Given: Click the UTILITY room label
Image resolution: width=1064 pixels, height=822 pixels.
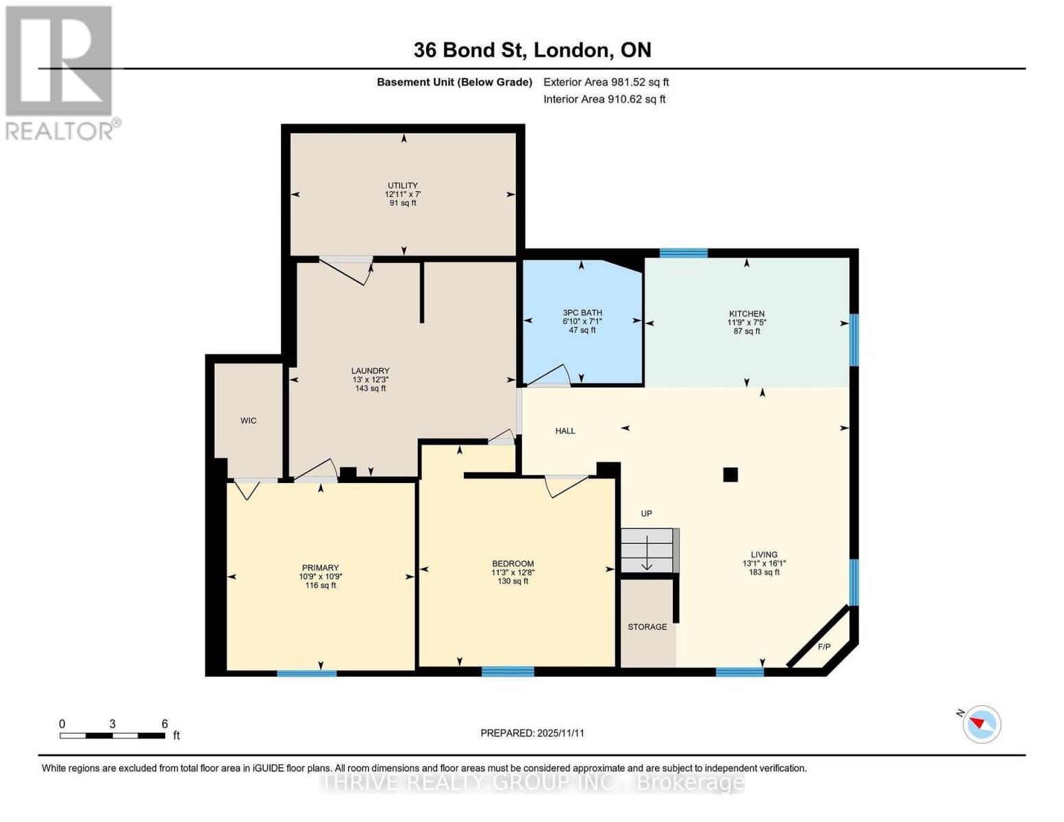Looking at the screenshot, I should (402, 186).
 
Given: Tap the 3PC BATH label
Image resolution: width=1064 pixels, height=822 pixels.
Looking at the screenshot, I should (582, 313).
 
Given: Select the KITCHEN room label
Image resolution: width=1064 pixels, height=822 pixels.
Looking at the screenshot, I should (746, 314).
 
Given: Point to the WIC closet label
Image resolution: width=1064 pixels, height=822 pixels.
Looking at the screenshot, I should (248, 421).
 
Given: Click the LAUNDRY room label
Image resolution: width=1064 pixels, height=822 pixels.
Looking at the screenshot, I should (370, 371).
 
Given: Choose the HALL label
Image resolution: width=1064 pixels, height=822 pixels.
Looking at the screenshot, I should (565, 431).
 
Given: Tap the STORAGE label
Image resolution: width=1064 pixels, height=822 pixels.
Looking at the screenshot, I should (647, 627).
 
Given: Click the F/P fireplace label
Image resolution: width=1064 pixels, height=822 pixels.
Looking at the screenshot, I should (824, 647).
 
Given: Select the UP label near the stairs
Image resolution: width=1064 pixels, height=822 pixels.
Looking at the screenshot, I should (646, 514).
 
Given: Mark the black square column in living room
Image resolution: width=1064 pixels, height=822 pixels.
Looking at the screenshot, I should (730, 474).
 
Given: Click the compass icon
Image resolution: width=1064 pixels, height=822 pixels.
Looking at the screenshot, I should (981, 723).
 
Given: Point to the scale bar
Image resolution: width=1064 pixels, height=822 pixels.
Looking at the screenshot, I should (112, 736).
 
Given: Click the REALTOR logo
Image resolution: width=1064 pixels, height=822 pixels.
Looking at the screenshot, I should (60, 72).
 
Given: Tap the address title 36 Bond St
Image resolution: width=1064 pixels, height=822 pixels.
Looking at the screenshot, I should (532, 50).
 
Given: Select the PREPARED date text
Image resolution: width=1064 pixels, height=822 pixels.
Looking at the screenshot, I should (532, 733).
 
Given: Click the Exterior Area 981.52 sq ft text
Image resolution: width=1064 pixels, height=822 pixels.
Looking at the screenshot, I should (606, 82).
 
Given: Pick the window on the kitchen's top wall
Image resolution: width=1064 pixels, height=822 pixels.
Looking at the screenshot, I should (683, 253).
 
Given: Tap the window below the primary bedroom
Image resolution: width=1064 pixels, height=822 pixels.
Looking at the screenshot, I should (306, 673).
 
